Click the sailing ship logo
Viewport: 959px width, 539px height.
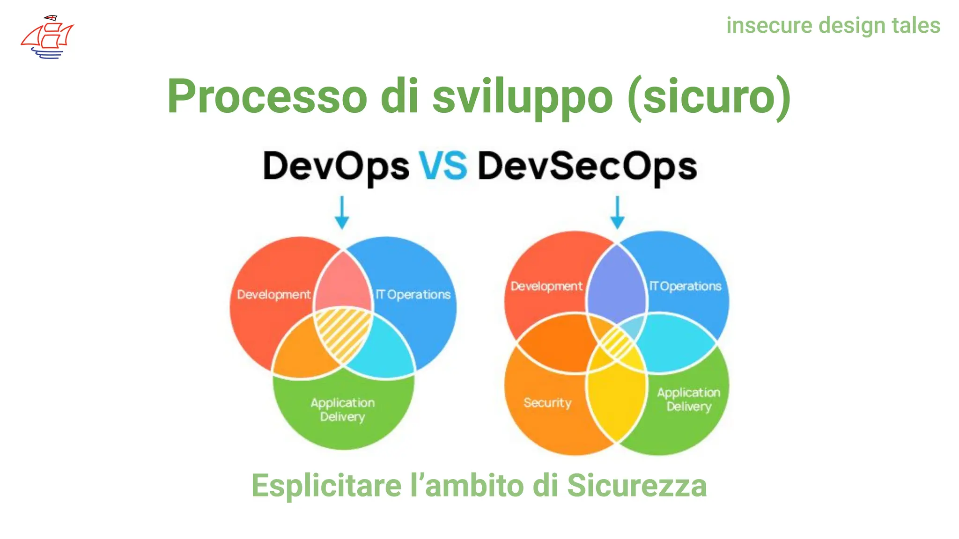[47, 37]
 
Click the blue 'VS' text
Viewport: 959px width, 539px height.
[443, 166]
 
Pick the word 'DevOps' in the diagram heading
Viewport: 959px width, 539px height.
[336, 167]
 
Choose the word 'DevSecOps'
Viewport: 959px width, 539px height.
[587, 167]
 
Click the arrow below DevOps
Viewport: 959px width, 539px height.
[342, 212]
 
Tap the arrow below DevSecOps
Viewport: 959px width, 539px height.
[618, 212]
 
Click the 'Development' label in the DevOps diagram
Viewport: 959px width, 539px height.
[273, 295]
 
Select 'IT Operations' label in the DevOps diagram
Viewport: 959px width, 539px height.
[413, 295]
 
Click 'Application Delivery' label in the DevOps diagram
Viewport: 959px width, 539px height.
[343, 409]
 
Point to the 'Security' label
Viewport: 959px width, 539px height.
[547, 403]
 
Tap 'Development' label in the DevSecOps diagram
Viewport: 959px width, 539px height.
[546, 286]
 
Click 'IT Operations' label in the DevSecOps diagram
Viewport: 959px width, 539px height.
[685, 286]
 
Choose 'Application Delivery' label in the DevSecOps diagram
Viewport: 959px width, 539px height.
[689, 399]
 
